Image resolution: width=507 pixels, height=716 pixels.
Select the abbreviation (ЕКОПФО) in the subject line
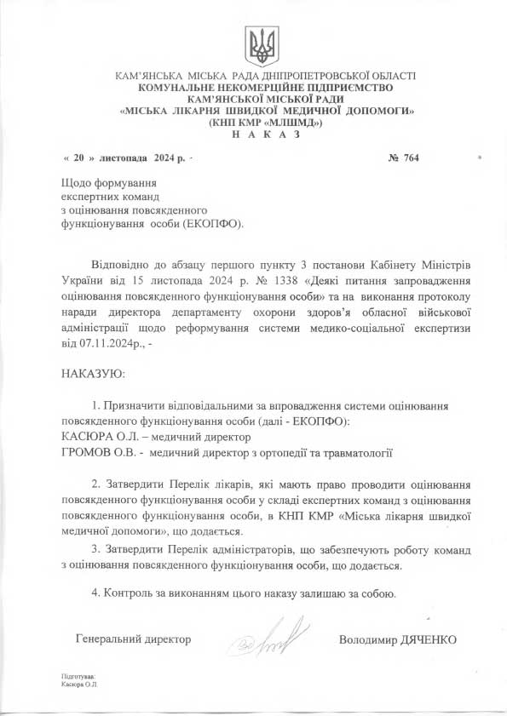pyautogui.click(x=209, y=224)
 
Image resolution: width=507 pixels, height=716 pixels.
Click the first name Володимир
pyautogui.click(x=366, y=639)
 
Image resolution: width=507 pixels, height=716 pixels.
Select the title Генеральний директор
pyautogui.click(x=133, y=639)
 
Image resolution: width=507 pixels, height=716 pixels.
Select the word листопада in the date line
pyautogui.click(x=124, y=158)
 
